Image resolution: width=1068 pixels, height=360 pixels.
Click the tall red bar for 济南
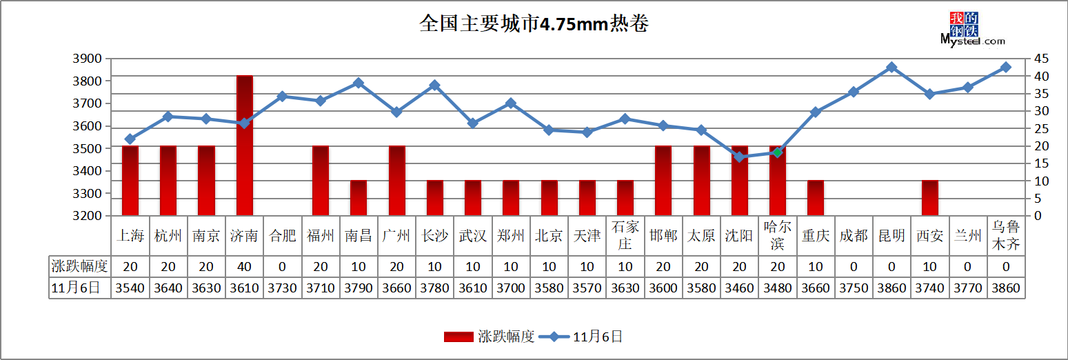pyautogui.click(x=244, y=146)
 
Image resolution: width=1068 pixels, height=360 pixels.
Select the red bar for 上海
pyautogui.click(x=130, y=181)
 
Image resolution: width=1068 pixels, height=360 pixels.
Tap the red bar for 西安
pyautogui.click(x=929, y=198)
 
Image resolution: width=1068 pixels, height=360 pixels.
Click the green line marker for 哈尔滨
pyautogui.click(x=778, y=152)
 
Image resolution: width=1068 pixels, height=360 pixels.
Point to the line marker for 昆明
pyautogui.click(x=891, y=67)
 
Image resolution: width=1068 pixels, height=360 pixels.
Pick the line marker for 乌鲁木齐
pyautogui.click(x=1006, y=67)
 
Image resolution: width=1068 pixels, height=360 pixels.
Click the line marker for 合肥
pyautogui.click(x=282, y=97)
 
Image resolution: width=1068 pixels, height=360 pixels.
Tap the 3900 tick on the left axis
pyautogui.click(x=88, y=59)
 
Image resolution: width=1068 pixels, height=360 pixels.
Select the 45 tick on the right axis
pyautogui.click(x=1041, y=59)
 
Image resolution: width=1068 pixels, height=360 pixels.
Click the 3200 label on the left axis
pyautogui.click(x=88, y=216)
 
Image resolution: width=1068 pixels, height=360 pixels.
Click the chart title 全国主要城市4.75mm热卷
pyautogui.click(x=534, y=23)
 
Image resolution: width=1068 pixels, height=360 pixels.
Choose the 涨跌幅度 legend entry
pyautogui.click(x=489, y=337)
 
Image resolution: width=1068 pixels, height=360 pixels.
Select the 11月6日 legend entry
pyautogui.click(x=581, y=337)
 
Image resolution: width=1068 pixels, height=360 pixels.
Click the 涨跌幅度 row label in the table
pyautogui.click(x=79, y=266)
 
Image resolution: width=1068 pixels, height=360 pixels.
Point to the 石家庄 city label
pyautogui.click(x=625, y=235)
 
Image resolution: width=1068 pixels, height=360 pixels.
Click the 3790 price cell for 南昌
pyautogui.click(x=359, y=288)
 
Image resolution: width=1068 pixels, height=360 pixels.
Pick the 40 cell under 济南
pyautogui.click(x=244, y=266)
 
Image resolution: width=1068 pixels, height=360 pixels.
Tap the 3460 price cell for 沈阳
pyautogui.click(x=740, y=288)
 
